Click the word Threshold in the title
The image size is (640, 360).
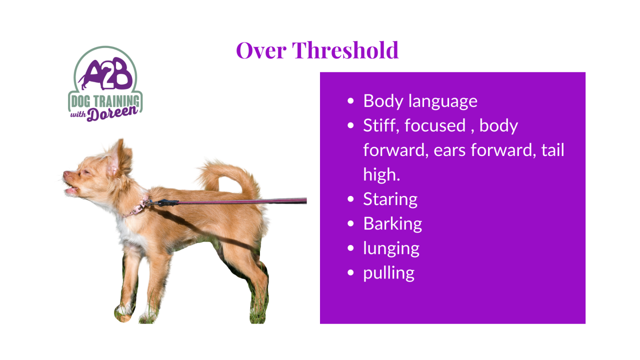click(x=345, y=50)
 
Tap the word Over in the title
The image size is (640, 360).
click(x=261, y=51)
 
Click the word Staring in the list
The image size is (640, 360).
click(x=390, y=199)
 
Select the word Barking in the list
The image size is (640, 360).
click(x=392, y=223)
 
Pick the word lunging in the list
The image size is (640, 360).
click(x=391, y=248)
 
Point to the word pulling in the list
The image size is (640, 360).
click(x=389, y=273)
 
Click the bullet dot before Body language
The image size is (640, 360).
click(x=350, y=101)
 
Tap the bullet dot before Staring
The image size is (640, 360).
click(x=350, y=199)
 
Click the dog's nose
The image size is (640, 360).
click(x=66, y=173)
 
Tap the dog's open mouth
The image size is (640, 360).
click(x=71, y=189)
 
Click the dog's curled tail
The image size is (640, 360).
click(x=228, y=175)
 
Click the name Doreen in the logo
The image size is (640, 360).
click(x=112, y=113)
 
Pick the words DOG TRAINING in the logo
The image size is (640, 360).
click(x=105, y=101)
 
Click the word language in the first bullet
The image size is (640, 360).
click(x=443, y=101)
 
